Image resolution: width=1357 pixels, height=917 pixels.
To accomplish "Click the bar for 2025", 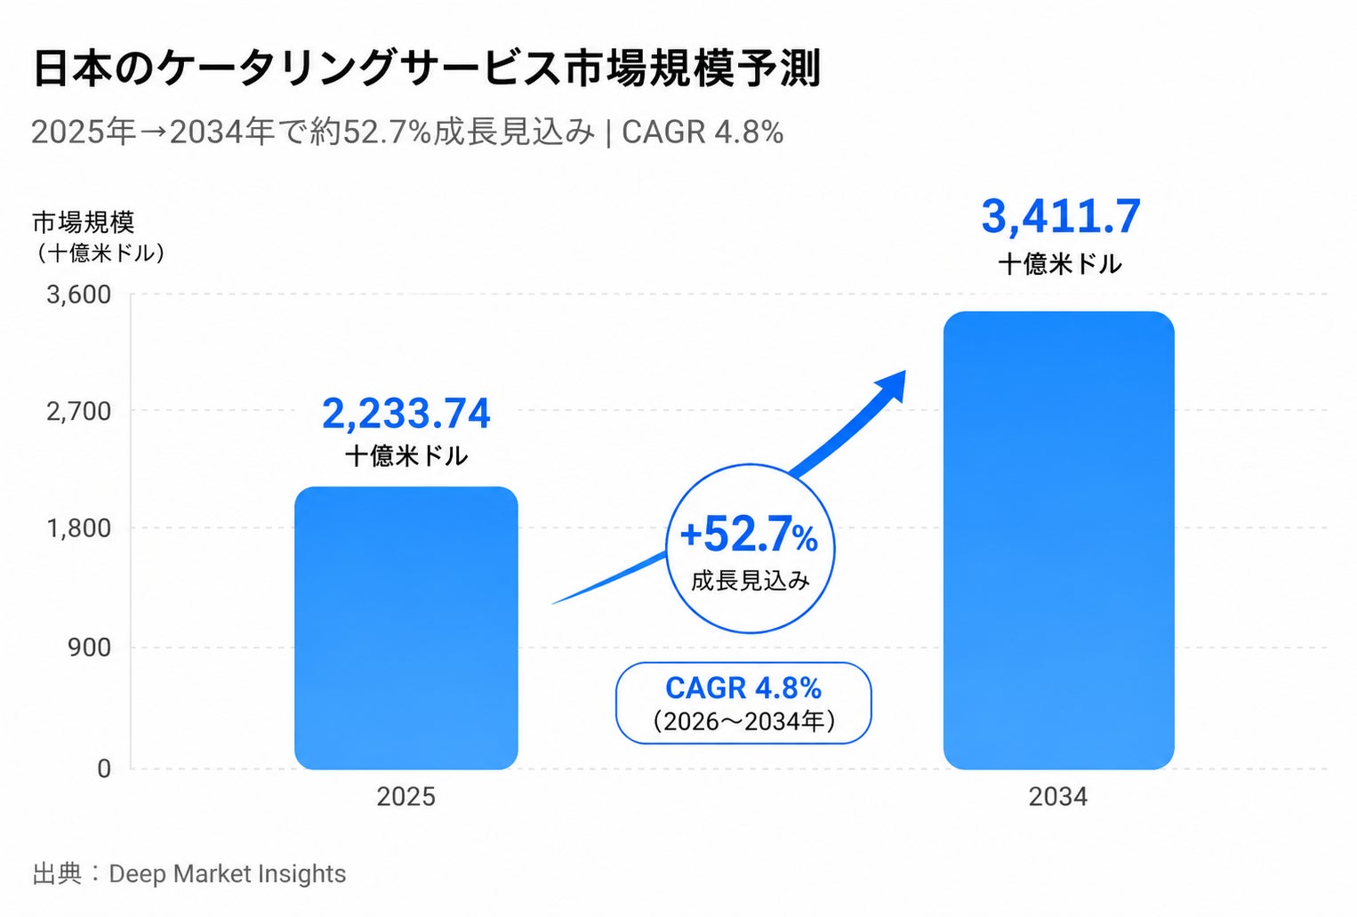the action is coord(405,628).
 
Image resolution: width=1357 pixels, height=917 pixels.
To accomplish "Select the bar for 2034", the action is coord(1058,541).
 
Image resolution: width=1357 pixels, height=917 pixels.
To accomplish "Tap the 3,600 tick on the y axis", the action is coord(79,295).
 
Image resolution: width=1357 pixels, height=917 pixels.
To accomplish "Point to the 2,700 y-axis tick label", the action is coord(79,412).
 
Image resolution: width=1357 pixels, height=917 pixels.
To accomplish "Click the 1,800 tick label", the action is coord(79,528).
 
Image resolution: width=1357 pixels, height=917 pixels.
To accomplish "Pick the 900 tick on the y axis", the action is coord(89,648).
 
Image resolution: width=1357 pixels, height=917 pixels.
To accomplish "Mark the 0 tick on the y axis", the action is coord(104,769).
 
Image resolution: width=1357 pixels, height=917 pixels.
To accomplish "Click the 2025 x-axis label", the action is coord(405,796).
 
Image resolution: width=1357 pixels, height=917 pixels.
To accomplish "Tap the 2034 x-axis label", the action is coord(1057,796).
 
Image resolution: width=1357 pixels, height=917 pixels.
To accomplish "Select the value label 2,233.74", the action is coord(405,414).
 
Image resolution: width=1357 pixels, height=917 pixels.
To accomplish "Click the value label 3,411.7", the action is coord(1060,217).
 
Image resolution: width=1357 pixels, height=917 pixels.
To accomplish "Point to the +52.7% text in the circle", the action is coord(750,535).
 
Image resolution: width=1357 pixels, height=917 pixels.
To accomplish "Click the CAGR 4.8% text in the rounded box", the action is coord(743,688).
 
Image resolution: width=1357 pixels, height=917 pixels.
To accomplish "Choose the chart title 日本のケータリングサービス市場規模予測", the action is coord(427,68).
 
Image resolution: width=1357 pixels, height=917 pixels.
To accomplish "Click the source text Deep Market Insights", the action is coord(227,874).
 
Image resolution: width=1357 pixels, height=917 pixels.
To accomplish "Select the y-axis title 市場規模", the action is coord(83,222).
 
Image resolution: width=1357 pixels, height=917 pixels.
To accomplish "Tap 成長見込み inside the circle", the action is coord(751,581).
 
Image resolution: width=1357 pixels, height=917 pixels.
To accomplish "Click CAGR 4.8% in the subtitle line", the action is coord(703,133).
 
